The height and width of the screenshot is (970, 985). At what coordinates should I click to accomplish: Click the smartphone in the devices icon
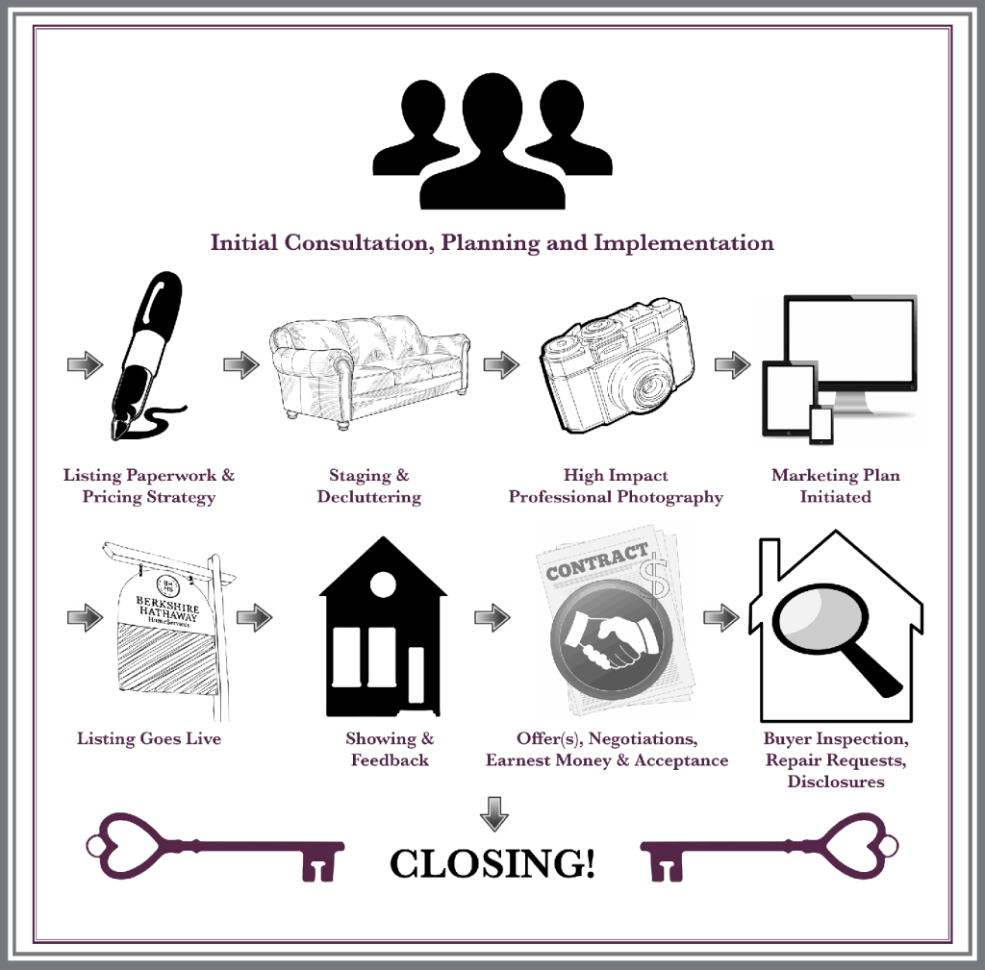[x=821, y=424]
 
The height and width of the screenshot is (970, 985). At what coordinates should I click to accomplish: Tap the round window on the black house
[x=383, y=582]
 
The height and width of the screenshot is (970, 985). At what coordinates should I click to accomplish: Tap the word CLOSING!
[x=492, y=863]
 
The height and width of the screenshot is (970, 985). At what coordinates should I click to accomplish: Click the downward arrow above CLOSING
[x=493, y=812]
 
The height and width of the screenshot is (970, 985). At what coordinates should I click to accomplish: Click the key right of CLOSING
[x=770, y=847]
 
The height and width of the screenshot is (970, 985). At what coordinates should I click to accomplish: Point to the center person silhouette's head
[x=492, y=106]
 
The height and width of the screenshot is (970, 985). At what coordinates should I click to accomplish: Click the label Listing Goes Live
[x=149, y=739]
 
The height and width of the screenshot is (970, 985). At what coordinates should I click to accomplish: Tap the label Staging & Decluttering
[x=369, y=486]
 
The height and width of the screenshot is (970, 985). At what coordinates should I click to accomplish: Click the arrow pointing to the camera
[x=500, y=365]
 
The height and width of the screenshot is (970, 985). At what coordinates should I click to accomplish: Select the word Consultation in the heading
[x=356, y=242]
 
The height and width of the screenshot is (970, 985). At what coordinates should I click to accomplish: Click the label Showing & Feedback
[x=390, y=750]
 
